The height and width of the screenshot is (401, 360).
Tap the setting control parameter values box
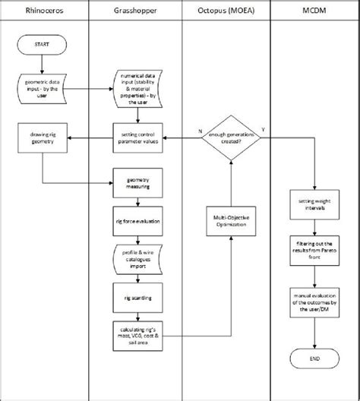coord(137,137)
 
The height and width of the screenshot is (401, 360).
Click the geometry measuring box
coord(137,182)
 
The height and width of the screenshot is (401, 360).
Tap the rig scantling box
coord(137,298)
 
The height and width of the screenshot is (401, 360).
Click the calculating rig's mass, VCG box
coord(137,335)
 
